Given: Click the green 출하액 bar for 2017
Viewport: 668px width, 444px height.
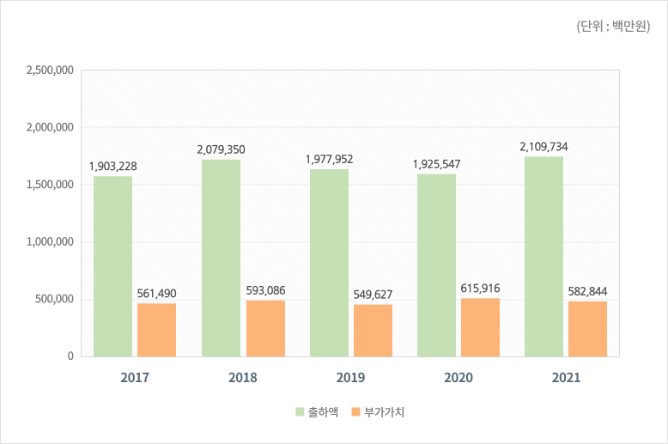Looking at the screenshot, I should point(112,266).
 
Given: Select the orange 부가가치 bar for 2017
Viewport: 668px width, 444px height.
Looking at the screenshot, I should point(156,330).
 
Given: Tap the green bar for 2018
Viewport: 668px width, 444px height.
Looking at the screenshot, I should point(221,258).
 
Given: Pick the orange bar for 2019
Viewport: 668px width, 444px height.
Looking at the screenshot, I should point(373,331).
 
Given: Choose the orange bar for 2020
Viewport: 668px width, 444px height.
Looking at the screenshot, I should point(480,327).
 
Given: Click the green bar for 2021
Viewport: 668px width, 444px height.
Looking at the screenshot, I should point(544,256).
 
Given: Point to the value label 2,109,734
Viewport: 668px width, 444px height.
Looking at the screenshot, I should point(544,147).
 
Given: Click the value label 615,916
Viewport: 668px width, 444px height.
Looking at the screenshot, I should point(480,288).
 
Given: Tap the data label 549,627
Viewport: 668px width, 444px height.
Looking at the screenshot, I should point(373,295).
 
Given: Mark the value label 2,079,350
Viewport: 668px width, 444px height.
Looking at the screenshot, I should point(221,149).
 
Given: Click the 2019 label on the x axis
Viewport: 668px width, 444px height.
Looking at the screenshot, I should point(350,377).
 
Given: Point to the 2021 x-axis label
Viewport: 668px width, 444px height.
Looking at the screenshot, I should point(566,377).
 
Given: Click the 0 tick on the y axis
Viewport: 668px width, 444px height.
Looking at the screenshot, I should point(70,356).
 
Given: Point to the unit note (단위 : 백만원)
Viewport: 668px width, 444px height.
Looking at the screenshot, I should point(612,27).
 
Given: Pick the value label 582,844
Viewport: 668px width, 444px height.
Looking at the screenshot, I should point(587,291).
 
